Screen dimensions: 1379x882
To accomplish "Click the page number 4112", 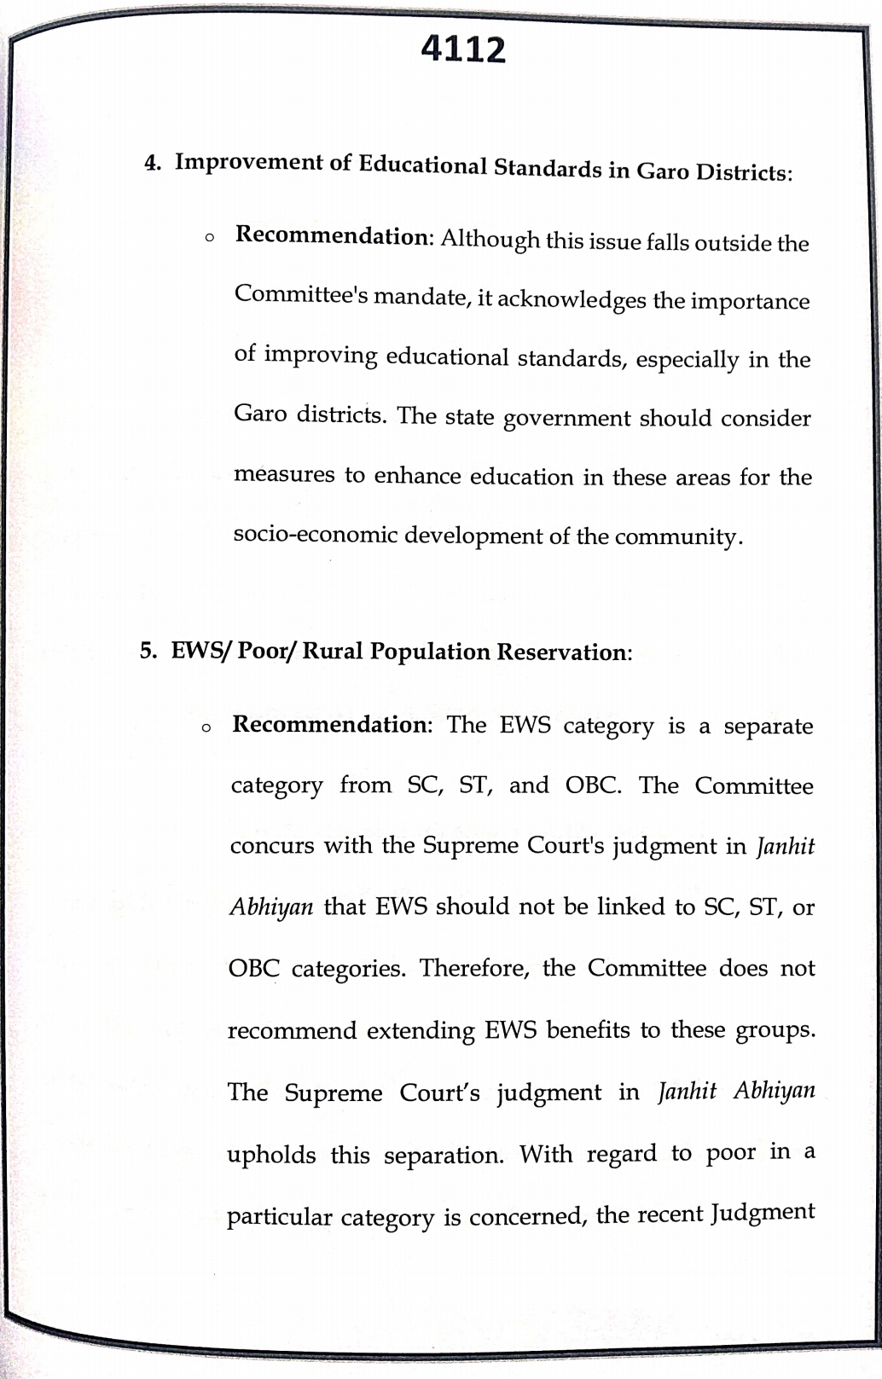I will point(463,49).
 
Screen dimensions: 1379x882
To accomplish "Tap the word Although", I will point(490,239).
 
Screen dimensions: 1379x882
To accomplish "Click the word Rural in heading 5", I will point(334,652).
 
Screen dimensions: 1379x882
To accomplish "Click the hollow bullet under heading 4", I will point(207,240).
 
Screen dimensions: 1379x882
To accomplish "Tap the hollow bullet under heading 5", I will point(205,728).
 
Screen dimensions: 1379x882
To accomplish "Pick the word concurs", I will point(270,846).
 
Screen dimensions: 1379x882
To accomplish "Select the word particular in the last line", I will point(279,1217).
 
